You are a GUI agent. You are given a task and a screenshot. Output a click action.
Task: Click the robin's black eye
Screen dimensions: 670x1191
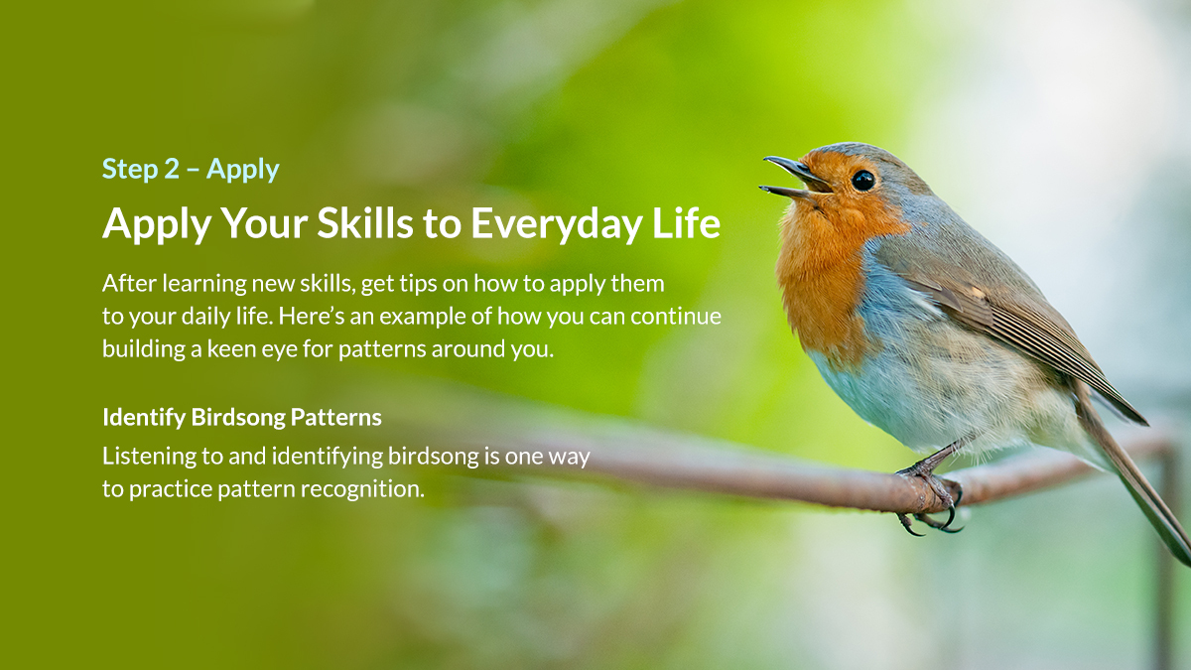pyautogui.click(x=862, y=180)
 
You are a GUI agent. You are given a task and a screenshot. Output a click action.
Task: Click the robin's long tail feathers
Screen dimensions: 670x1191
pyautogui.click(x=1141, y=476)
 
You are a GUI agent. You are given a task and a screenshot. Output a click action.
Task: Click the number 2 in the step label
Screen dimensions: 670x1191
pyautogui.click(x=172, y=170)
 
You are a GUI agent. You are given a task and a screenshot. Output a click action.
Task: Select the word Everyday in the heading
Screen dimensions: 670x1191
pyautogui.click(x=556, y=224)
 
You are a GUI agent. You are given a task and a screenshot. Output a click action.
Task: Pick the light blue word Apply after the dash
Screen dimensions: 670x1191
pyautogui.click(x=243, y=170)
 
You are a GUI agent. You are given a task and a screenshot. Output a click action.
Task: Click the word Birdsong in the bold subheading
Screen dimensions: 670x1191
pyautogui.click(x=238, y=418)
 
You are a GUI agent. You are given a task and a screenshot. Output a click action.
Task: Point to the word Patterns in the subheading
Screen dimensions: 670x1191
pyautogui.click(x=336, y=418)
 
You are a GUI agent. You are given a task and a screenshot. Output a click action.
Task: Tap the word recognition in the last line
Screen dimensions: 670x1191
pyautogui.click(x=368, y=489)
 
